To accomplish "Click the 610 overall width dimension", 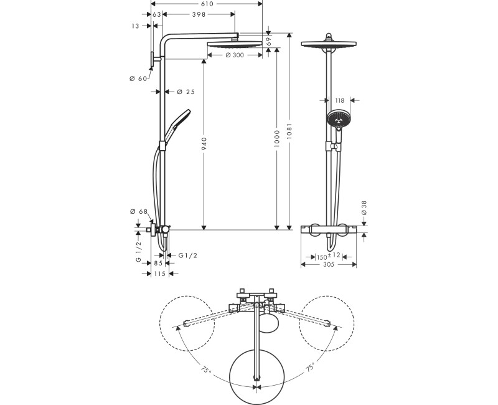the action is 207,4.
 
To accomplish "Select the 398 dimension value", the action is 199,14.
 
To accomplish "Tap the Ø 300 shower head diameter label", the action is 235,55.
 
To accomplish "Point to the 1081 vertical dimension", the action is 289,131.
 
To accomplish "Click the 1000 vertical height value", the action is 276,138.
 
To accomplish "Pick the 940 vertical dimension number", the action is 204,144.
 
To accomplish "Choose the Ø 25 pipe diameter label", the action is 186,92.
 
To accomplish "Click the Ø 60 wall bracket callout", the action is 138,79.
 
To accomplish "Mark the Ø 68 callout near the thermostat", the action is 139,211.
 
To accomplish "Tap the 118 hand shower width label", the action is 339,100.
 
